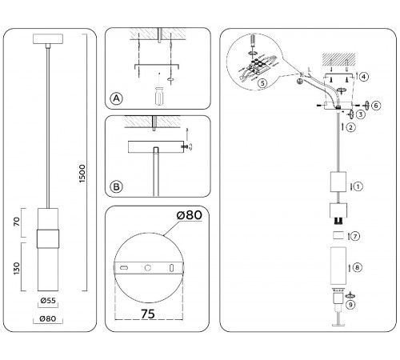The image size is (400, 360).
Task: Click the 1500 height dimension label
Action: [82, 174]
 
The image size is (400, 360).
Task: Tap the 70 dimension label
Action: [17, 222]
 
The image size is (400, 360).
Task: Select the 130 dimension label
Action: [17, 268]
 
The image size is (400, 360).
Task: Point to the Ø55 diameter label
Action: [48, 301]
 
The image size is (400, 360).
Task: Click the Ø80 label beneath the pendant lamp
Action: [48, 318]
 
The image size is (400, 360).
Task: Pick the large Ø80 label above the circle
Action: [190, 215]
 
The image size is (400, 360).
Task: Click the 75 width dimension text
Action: [148, 314]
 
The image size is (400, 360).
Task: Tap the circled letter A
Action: [117, 98]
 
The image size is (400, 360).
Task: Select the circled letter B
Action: [116, 186]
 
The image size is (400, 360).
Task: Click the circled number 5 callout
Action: [262, 83]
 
